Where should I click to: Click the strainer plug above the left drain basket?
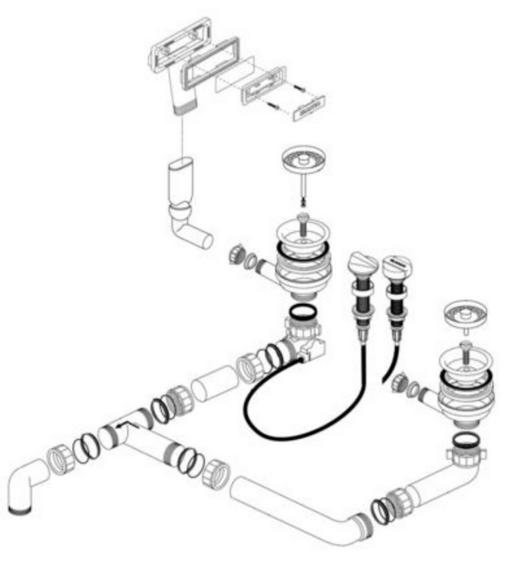click(304, 160)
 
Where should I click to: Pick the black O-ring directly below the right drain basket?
click(466, 440)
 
